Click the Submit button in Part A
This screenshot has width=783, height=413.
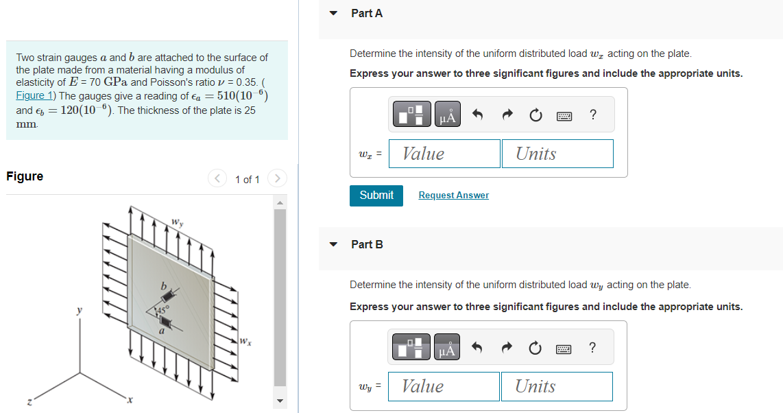pos(376,196)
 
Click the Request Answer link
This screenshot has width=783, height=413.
pos(453,196)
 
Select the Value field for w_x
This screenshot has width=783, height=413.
pos(444,154)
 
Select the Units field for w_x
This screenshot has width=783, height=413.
pos(557,154)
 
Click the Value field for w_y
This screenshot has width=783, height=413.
pos(444,386)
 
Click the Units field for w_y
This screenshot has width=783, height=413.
pos(556,386)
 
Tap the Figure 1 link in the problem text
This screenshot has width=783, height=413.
pos(31,96)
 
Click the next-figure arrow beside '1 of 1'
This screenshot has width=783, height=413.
pos(276,179)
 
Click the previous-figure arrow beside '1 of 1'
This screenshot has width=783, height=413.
pos(217,179)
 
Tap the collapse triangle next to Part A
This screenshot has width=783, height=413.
pos(334,13)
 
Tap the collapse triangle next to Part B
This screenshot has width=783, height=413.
pos(334,244)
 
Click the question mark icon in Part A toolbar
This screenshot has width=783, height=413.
pos(593,115)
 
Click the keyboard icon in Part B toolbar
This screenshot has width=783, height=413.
pos(564,349)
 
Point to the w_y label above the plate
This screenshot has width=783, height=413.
pos(178,223)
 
